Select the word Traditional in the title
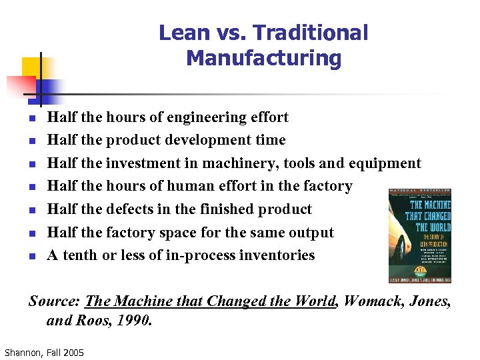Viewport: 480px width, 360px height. pyautogui.click(x=311, y=33)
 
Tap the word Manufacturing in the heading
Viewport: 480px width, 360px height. pyautogui.click(x=263, y=58)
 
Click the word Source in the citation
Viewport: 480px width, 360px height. pyautogui.click(x=55, y=301)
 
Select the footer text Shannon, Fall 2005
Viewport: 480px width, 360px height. pyautogui.click(x=44, y=352)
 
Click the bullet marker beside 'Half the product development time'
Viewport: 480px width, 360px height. pyautogui.click(x=31, y=141)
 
